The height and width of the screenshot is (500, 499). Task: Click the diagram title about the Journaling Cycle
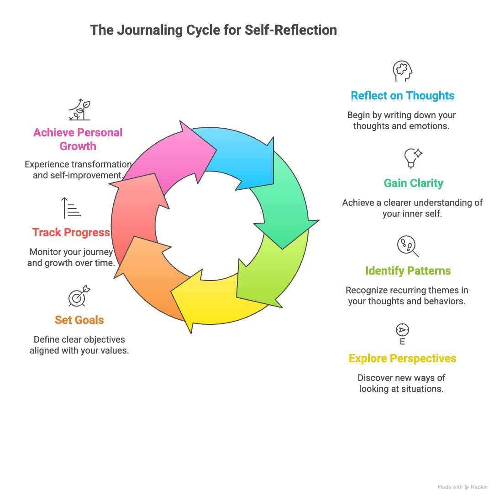213,30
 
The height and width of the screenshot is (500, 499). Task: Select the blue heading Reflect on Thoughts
402,96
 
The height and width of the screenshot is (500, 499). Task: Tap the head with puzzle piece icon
402,72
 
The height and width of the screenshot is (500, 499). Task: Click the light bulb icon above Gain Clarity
412,158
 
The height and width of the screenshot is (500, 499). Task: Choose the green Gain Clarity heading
413,183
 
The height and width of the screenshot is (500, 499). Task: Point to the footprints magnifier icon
407,246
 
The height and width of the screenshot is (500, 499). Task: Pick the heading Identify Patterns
408,271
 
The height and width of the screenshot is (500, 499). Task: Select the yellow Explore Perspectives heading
402,359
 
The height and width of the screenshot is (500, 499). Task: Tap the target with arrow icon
79,297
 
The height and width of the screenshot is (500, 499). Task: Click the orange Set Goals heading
79,320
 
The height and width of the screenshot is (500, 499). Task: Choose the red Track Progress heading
71,233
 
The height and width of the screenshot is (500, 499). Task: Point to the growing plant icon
80,110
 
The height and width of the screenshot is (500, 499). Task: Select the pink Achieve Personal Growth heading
78,139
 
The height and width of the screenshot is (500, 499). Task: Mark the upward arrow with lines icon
71,208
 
